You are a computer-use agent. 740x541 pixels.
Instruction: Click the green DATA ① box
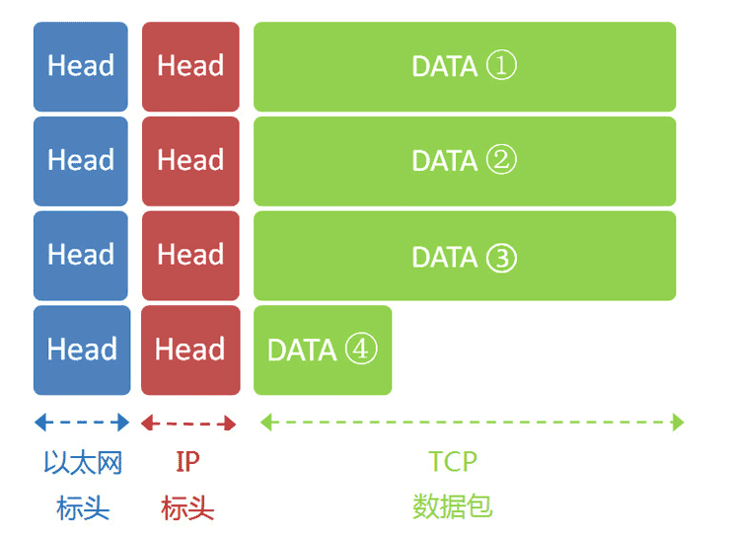click(x=464, y=66)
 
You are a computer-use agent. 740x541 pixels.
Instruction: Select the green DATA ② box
click(x=464, y=161)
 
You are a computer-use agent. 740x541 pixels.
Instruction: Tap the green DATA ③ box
click(x=464, y=256)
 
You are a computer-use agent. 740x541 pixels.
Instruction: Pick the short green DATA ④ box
click(x=323, y=350)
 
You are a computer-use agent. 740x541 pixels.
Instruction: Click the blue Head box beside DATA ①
click(x=81, y=66)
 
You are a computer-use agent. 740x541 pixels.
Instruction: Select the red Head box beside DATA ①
click(x=190, y=66)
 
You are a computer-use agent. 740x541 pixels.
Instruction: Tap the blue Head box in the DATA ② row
click(x=81, y=161)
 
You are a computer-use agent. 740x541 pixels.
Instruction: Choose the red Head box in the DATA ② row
click(x=190, y=161)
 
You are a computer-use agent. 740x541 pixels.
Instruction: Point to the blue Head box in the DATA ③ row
click(x=81, y=256)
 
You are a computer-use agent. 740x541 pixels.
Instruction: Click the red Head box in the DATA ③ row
click(x=190, y=256)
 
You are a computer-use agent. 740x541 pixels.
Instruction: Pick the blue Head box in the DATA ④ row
click(x=81, y=350)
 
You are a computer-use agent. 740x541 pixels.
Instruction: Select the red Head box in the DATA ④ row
click(x=190, y=350)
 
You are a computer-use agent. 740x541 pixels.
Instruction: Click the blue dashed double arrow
click(x=82, y=423)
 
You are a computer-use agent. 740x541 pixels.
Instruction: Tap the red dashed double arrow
click(x=188, y=423)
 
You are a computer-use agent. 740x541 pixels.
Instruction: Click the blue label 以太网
click(x=83, y=462)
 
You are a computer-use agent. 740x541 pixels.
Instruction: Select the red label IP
click(x=187, y=462)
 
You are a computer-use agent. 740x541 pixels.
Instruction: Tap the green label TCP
click(x=453, y=462)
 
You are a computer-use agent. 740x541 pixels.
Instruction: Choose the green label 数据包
click(x=452, y=507)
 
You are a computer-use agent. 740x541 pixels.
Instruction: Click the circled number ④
click(x=361, y=349)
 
